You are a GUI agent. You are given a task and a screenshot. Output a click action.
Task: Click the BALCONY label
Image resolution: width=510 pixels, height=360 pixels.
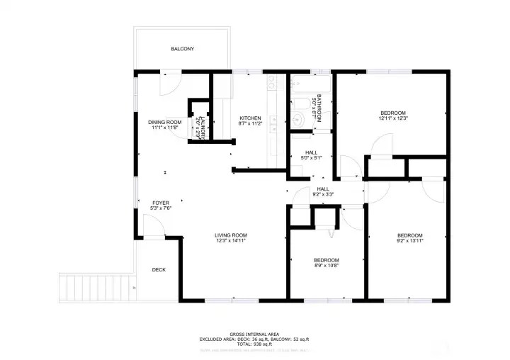pos(182,49)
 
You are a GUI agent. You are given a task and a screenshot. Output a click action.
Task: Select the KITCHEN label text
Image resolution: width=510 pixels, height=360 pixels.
pos(250,118)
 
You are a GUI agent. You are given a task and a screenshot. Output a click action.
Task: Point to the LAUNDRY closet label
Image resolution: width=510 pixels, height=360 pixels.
pos(201,128)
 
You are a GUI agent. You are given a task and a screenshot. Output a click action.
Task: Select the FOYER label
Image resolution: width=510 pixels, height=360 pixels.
pos(161,203)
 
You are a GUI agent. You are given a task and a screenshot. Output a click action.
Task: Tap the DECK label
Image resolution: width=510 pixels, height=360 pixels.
pos(159,269)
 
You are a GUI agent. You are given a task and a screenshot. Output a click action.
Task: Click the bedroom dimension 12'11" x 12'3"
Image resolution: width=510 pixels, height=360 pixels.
pos(392,119)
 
